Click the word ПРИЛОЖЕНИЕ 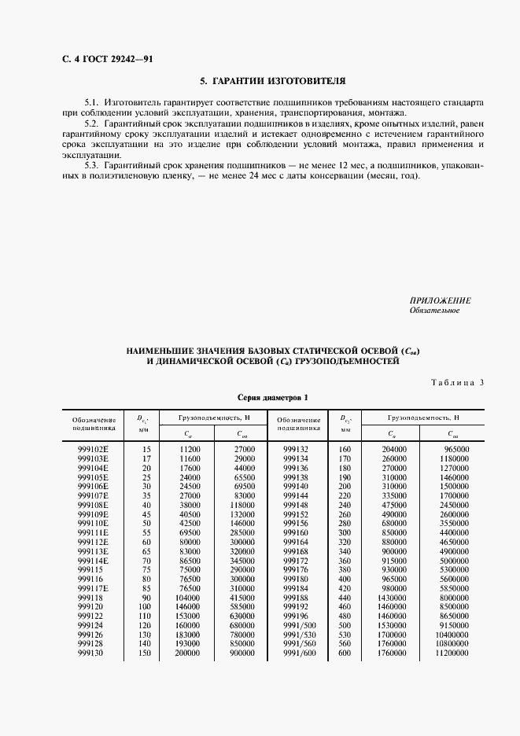coord(440,301)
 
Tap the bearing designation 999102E coord(94,449)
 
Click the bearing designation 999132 coord(295,449)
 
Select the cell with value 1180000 coord(453,458)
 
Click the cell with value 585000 coord(241,607)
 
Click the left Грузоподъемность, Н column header coord(213,418)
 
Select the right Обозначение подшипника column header coord(297,425)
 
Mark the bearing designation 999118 coord(90,598)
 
